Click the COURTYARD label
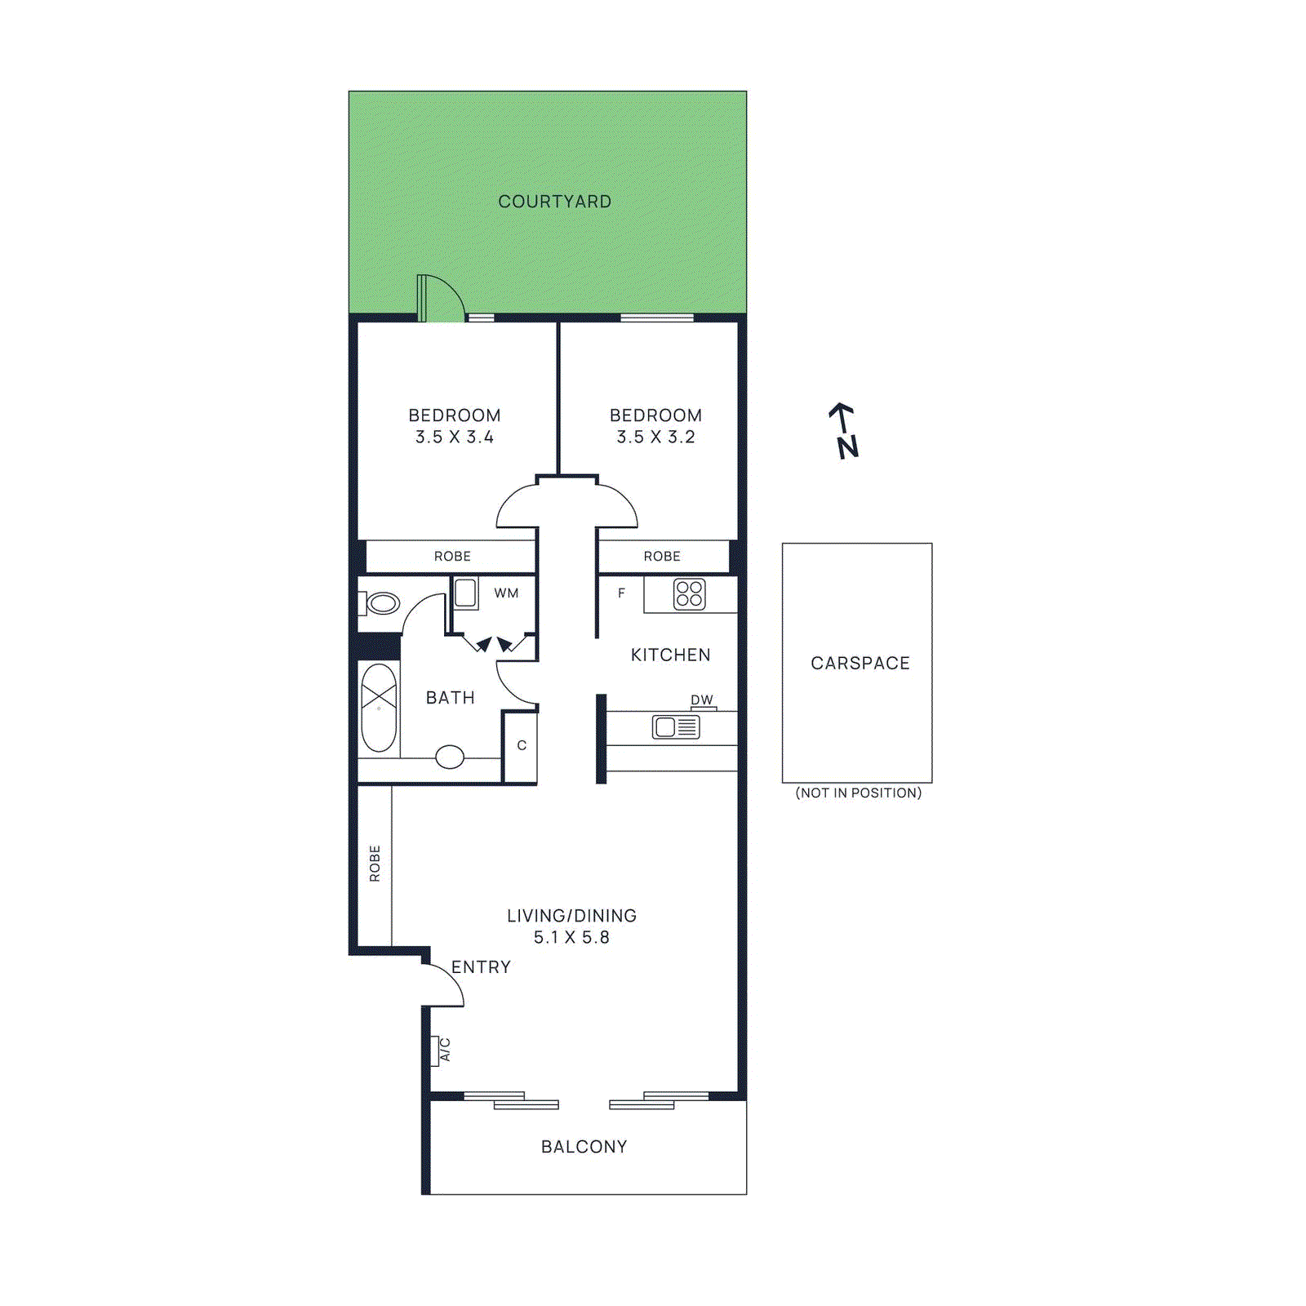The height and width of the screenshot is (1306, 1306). tap(554, 202)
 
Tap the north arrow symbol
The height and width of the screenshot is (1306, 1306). tap(844, 430)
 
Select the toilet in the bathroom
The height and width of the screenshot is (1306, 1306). tap(381, 604)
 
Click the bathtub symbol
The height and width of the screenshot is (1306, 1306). tap(379, 708)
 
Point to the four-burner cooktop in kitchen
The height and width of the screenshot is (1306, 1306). tap(689, 594)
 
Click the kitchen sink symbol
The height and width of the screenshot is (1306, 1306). tap(675, 726)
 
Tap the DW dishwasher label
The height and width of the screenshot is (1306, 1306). tap(701, 700)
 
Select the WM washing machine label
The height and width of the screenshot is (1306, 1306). tap(506, 593)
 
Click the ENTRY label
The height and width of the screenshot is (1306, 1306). tap(481, 967)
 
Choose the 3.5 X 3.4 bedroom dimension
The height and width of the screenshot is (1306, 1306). tap(455, 438)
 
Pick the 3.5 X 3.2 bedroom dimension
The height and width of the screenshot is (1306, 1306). tap(655, 438)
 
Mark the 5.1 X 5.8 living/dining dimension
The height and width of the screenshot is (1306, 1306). tap(571, 938)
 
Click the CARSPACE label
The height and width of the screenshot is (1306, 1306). tap(860, 663)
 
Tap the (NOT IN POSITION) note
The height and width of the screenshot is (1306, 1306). tap(858, 793)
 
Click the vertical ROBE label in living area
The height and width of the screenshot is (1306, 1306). tap(375, 864)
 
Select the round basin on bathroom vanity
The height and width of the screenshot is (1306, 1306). tap(450, 757)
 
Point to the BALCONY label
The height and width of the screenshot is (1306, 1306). tap(584, 1147)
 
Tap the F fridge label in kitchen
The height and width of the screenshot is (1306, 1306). tap(621, 593)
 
